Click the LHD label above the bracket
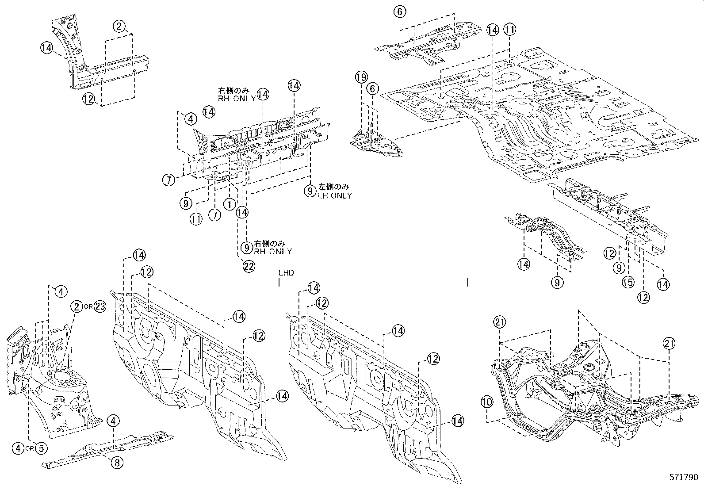point(285,272)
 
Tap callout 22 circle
point(249,266)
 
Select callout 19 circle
point(361,78)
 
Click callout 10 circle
point(486,402)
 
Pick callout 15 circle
point(628,282)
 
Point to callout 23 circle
point(100,307)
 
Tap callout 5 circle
point(41,448)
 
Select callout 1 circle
point(229,204)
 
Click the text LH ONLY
point(335,196)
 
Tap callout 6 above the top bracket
point(399,12)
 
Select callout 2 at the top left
point(119,26)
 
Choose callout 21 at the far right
point(669,343)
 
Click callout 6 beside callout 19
point(373,89)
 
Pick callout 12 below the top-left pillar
point(88,99)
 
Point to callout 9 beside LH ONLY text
point(310,191)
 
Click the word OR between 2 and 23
point(88,307)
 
